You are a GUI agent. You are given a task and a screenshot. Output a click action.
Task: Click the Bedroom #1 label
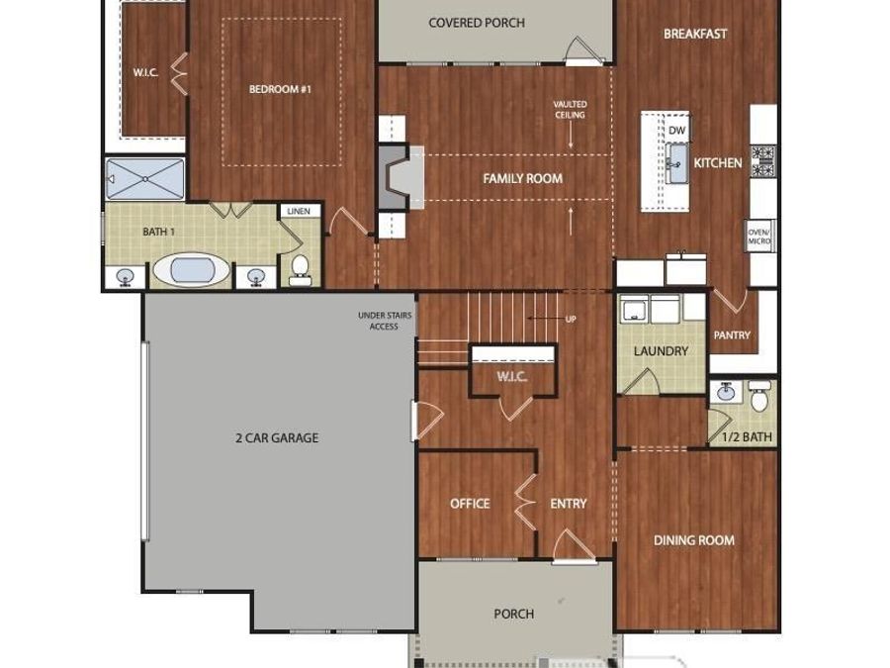tap(280, 89)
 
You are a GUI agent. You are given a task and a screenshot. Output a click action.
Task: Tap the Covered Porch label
tap(477, 23)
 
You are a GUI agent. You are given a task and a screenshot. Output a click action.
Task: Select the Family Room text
tap(522, 179)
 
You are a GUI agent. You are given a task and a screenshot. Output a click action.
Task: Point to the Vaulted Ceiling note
tap(570, 110)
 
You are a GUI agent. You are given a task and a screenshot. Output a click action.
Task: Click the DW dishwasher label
tap(676, 131)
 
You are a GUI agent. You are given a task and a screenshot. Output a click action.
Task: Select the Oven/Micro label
tap(759, 236)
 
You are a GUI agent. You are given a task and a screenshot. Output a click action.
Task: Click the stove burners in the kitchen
tap(763, 160)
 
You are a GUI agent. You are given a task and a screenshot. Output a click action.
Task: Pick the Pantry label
tap(732, 335)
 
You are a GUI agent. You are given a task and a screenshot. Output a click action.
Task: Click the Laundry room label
tap(661, 351)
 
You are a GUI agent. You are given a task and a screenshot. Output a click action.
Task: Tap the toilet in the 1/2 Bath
tap(759, 398)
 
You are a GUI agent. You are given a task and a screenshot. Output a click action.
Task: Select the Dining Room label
tap(694, 540)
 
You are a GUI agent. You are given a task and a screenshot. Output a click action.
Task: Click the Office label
tap(470, 504)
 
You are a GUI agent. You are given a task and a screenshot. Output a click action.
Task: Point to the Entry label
tap(569, 504)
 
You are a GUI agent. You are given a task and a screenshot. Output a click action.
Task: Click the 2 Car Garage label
tap(277, 437)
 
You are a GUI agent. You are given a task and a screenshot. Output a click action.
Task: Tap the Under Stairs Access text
tap(385, 321)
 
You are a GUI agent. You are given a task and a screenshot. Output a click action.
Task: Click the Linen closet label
tap(297, 212)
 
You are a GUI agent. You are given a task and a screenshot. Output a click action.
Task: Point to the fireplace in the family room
tap(394, 179)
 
